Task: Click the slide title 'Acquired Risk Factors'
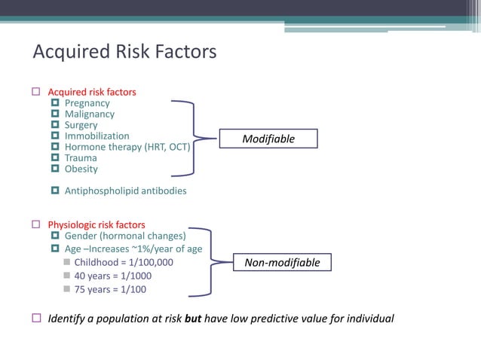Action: point(124,52)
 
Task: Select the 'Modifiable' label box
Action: point(268,139)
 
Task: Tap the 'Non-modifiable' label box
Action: point(281,263)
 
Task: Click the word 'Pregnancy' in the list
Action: point(87,103)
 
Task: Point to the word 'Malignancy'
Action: point(90,114)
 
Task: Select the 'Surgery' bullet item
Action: point(81,125)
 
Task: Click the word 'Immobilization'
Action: point(97,136)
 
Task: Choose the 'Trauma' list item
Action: point(81,158)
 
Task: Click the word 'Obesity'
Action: point(81,169)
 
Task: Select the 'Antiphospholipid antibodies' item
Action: point(125,191)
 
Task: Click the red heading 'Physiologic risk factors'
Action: point(97,224)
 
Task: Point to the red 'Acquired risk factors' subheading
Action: point(92,92)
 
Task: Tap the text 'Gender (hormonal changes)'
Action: point(125,236)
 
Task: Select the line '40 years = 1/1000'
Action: point(112,276)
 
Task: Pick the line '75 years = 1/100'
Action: point(110,289)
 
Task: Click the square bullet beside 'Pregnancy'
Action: point(55,103)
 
